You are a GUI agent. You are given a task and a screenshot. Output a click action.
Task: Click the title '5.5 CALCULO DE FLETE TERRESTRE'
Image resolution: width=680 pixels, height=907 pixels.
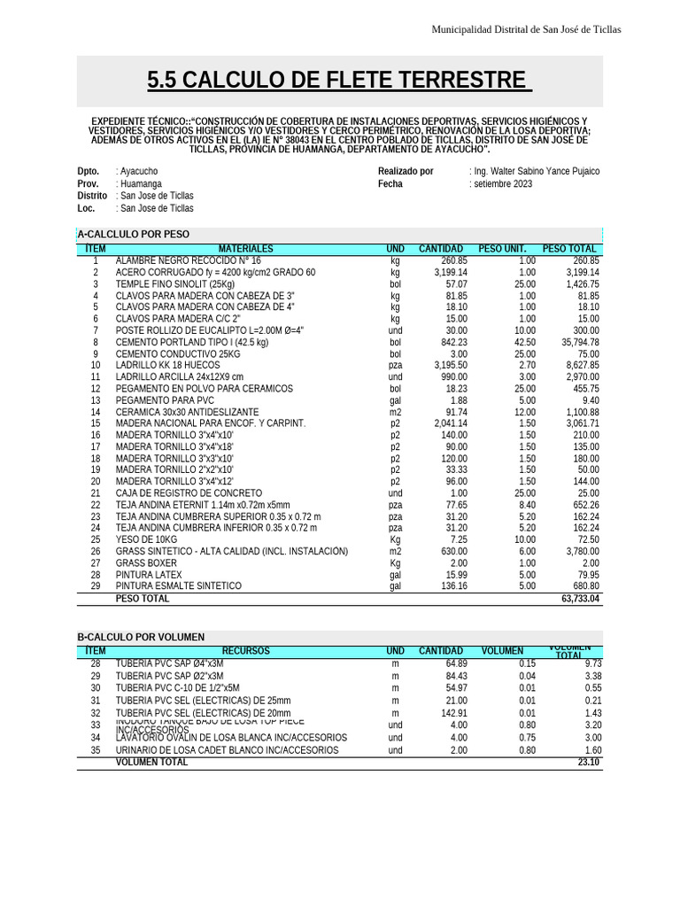339,81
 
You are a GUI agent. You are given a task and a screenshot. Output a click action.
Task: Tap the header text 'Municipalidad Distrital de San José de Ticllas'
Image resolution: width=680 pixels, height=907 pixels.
525,30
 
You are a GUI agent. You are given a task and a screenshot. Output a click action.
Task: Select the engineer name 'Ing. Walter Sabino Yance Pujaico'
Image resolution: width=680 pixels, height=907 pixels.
536,171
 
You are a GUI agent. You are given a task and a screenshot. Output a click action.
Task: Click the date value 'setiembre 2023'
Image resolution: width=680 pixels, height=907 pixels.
502,184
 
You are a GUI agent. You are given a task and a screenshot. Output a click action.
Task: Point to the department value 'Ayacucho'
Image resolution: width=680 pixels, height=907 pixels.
139,171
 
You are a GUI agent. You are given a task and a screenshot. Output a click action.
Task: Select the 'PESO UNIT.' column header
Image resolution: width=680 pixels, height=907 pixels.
502,250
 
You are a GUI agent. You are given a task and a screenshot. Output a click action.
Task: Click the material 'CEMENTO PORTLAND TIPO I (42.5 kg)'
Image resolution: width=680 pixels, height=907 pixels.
192,342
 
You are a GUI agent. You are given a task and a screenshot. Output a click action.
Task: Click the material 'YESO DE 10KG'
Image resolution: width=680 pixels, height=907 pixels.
147,539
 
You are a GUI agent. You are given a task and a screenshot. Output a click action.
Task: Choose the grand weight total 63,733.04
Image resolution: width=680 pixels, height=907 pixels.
580,600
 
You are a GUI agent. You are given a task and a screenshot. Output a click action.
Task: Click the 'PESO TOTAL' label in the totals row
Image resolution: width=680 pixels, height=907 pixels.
143,600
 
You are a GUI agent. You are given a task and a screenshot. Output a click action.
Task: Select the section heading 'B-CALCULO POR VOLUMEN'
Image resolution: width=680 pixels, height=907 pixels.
141,638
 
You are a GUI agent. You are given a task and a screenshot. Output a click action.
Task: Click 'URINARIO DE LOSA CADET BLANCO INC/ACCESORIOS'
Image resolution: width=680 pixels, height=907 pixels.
228,750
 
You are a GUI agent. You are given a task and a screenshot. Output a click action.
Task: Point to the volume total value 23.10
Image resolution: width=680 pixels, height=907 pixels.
589,763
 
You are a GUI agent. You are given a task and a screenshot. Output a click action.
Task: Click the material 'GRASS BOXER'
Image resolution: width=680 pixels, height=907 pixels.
146,563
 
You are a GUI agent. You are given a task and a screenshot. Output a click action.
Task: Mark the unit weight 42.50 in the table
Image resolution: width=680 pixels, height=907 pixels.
524,342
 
